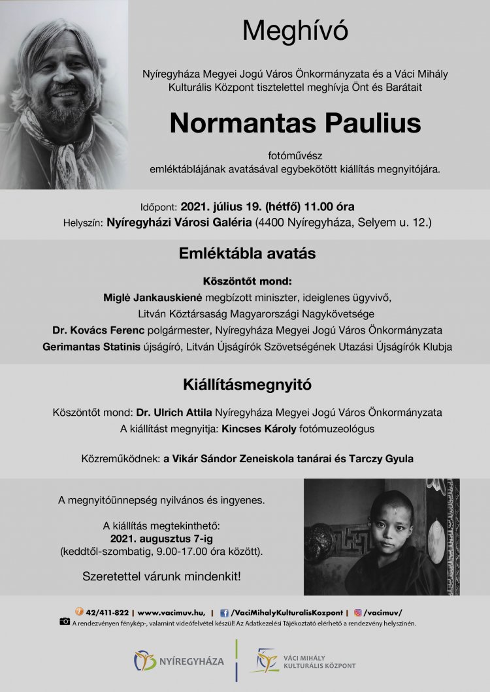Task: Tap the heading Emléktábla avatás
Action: point(247,255)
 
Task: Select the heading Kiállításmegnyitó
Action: point(247,385)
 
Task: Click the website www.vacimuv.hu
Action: point(171,613)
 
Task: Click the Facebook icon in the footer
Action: point(225,613)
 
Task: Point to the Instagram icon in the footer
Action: point(358,613)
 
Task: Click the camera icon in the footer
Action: point(65,622)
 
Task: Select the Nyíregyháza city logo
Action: point(179,661)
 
